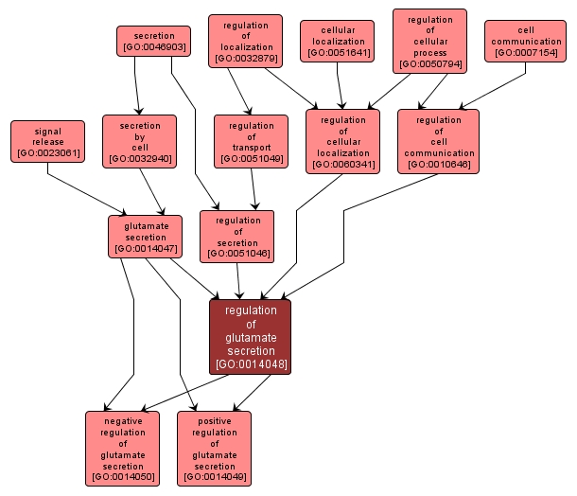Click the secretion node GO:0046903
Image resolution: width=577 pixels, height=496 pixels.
point(153,41)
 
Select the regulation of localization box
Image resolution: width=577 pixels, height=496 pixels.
point(245,41)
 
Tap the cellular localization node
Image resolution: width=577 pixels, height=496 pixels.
point(337,41)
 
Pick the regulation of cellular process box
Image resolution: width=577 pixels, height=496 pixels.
point(428,41)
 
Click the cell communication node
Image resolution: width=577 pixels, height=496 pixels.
point(525,41)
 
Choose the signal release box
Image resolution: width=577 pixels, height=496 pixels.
point(47,141)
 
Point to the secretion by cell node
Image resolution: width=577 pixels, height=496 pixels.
point(139,141)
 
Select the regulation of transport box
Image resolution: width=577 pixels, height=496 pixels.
point(251,141)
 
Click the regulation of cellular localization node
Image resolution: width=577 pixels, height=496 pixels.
point(342,141)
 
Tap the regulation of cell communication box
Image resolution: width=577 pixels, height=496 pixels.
point(438,141)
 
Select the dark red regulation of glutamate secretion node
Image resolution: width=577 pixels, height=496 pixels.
point(251,336)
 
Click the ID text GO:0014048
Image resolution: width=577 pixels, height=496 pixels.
point(251,364)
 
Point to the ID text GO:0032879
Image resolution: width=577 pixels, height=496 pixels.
point(245,59)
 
